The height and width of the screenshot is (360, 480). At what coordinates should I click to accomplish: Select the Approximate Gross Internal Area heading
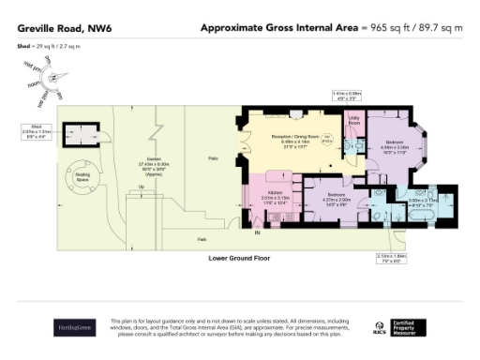pos(279,28)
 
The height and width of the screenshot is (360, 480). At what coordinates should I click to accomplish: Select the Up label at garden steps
pos(142,187)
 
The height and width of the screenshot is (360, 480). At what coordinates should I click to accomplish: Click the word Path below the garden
pos(202,238)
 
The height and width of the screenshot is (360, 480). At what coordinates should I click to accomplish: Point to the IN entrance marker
pos(258,230)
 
